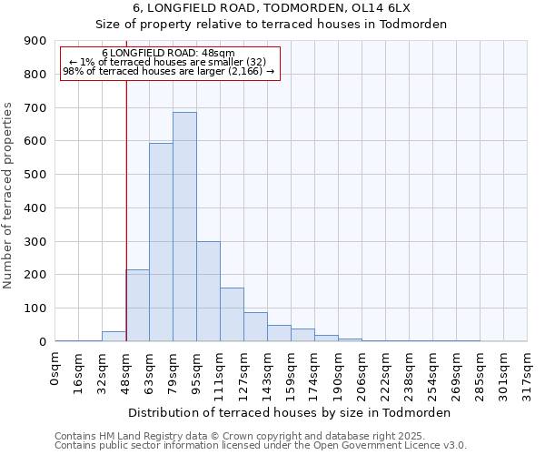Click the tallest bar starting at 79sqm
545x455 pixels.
pos(184,227)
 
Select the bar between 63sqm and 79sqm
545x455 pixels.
pos(161,242)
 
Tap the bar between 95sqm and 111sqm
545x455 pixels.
pos(208,291)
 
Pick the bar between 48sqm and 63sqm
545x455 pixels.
pos(137,306)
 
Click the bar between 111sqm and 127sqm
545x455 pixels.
pos(232,315)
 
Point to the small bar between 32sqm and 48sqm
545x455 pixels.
pos(114,337)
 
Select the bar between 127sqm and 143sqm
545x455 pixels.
pos(255,327)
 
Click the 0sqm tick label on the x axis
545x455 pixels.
pos(55,370)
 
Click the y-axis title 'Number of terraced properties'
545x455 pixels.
pos(9,196)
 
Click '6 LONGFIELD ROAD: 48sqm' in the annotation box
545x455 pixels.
pos(168,54)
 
